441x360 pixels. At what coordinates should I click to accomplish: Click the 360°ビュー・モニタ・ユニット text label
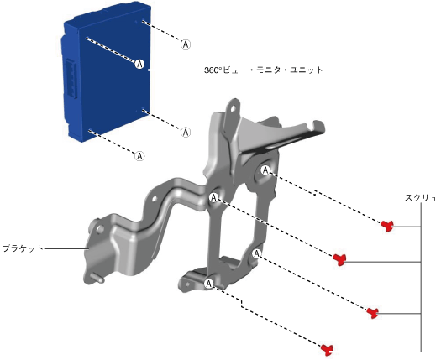click(263, 70)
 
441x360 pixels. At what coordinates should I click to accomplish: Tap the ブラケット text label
click(23, 248)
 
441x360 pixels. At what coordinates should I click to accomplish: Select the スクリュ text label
click(421, 198)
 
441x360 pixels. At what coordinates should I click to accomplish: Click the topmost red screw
click(388, 226)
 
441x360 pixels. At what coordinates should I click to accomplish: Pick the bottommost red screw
click(328, 350)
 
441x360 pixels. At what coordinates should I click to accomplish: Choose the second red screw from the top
click(339, 258)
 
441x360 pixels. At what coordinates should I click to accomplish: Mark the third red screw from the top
click(373, 312)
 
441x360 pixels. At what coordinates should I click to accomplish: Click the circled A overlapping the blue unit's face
click(139, 64)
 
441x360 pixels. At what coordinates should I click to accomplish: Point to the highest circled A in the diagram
click(186, 44)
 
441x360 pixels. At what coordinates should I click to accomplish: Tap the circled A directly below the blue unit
click(139, 156)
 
